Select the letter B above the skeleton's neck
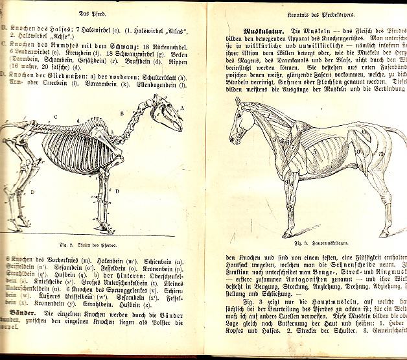[121, 112]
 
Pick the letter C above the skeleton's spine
[56, 117]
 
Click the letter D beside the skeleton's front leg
[117, 191]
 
